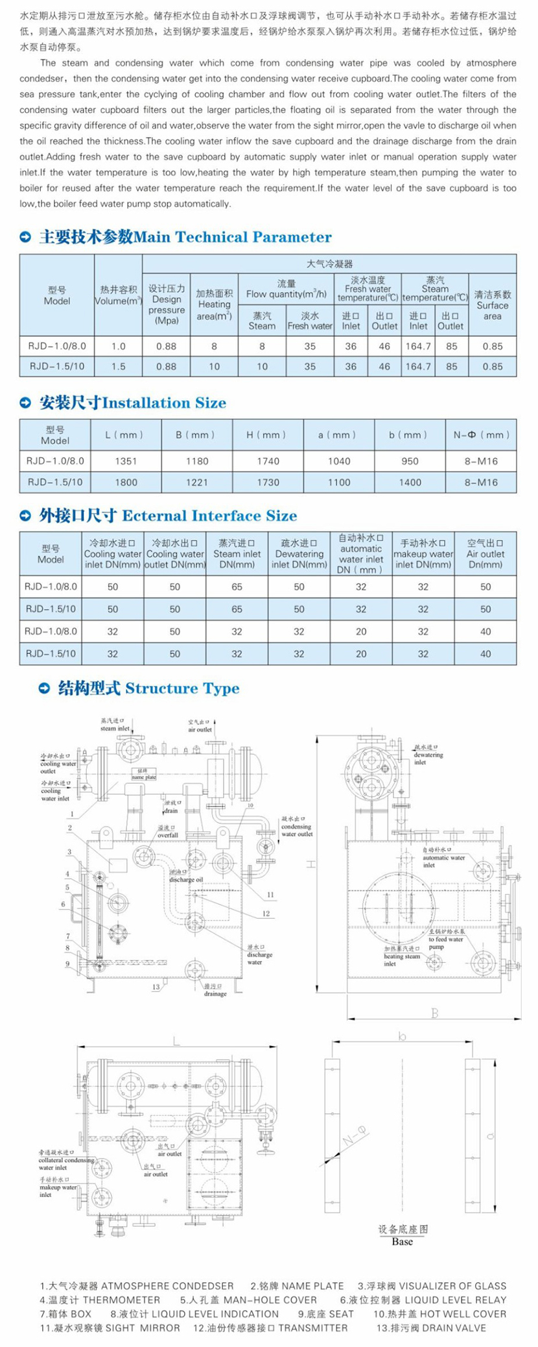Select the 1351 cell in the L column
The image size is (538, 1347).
point(126,461)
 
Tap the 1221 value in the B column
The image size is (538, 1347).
point(197,482)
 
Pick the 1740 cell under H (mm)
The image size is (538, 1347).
point(268,461)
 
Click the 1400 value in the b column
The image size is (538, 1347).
point(410,482)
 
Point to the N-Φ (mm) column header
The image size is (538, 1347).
point(481,435)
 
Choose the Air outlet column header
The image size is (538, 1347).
point(485,553)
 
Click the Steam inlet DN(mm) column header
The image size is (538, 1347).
point(237,553)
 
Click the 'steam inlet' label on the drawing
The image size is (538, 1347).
point(115,729)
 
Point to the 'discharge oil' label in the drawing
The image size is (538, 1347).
point(186,879)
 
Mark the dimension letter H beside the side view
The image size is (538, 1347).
point(310,864)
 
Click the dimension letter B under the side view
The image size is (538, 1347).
point(435,1013)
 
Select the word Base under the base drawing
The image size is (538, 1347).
point(402,1241)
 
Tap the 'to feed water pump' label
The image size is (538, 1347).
point(445,943)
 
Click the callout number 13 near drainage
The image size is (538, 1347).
point(156,987)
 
